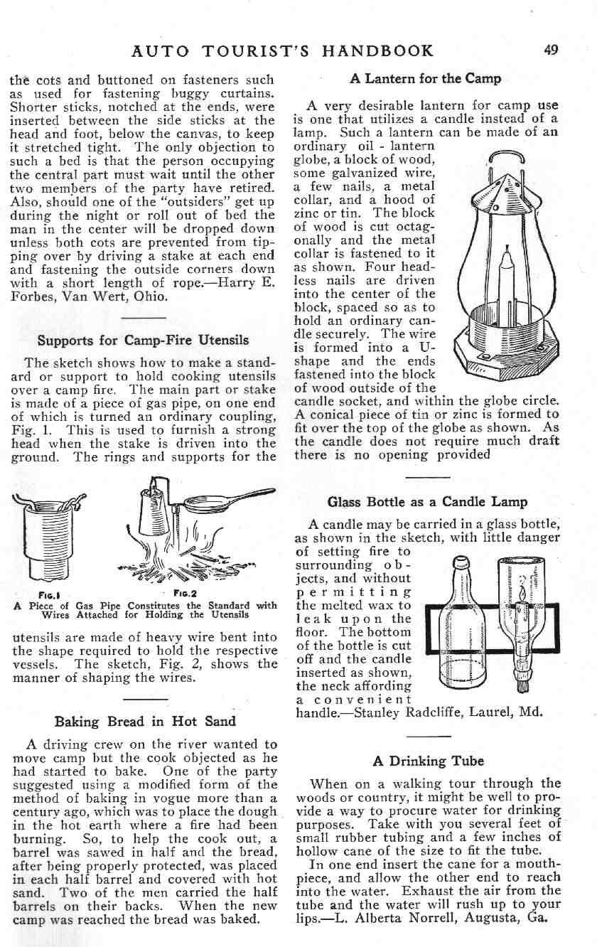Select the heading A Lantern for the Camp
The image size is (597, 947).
[x=426, y=79]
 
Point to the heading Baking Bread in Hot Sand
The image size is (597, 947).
[x=146, y=701]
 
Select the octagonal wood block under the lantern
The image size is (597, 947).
[x=506, y=355]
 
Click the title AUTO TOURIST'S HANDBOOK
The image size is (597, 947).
[x=282, y=50]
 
